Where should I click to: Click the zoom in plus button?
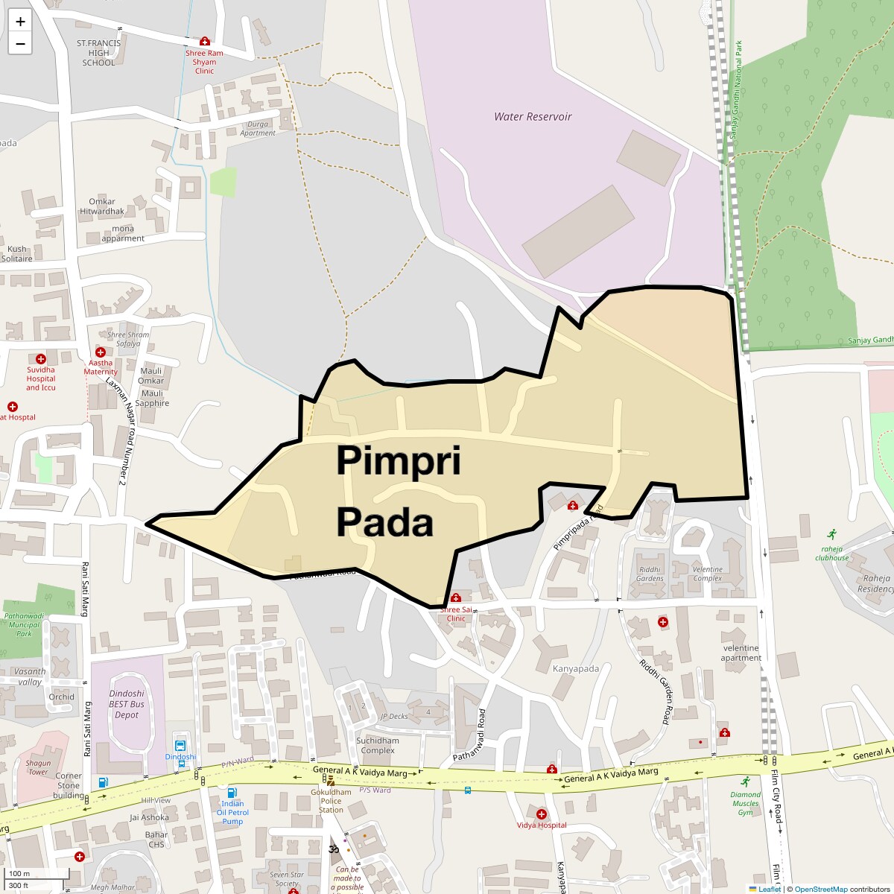point(20,22)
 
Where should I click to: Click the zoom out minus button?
point(20,43)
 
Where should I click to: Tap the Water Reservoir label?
point(533,117)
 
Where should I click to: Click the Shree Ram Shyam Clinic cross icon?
point(204,42)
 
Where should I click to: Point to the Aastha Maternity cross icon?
point(101,352)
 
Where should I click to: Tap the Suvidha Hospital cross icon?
point(41,359)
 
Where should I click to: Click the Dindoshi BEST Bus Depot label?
point(127,704)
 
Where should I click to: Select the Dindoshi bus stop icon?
point(180,745)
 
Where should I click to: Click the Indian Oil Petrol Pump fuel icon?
point(232,793)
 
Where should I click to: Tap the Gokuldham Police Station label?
point(331,802)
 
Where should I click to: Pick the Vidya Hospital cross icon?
point(542,814)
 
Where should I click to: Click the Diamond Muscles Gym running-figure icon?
point(745,782)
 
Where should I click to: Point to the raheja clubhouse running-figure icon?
point(831,534)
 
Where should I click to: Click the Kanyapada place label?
point(575,668)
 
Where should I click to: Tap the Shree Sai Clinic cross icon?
point(456,597)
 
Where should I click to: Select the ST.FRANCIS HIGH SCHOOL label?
point(98,53)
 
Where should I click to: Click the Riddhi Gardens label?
point(650,574)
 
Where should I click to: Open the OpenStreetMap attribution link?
point(820,889)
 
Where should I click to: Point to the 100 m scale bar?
point(37,874)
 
